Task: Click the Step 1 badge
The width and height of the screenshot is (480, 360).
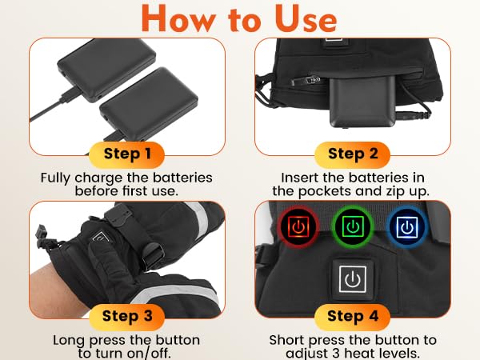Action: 126,154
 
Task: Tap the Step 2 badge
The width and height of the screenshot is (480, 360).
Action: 352,154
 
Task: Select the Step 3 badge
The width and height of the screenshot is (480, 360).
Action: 126,317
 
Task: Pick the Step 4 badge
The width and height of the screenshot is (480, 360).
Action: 352,317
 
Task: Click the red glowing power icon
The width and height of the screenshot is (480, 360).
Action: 298,226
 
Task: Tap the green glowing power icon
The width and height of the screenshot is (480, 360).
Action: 353,226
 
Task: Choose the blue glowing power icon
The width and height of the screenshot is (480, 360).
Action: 407,226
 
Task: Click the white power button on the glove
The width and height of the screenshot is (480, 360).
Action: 353,279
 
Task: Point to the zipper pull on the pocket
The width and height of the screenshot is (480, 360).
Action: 306,81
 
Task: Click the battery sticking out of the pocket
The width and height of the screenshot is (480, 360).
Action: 362,101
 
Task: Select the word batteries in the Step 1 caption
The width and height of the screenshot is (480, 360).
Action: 182,178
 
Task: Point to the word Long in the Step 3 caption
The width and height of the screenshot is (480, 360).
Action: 69,341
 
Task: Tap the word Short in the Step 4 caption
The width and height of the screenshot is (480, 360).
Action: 287,341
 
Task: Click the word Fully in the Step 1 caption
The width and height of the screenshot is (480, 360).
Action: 56,178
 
